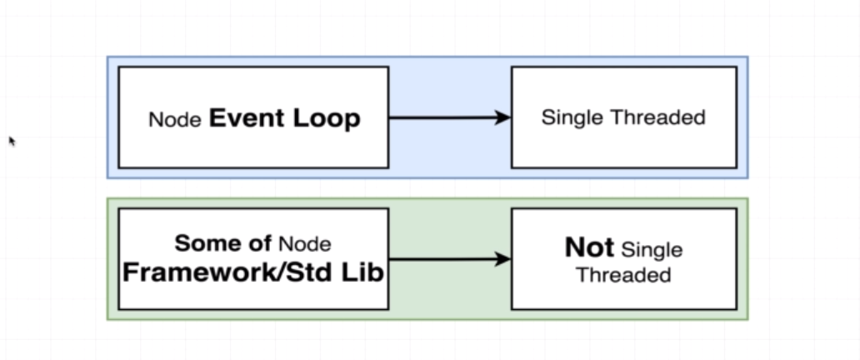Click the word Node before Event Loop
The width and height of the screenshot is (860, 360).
click(x=175, y=119)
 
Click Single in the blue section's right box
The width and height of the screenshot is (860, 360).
click(x=572, y=117)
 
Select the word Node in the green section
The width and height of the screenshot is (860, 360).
click(x=304, y=244)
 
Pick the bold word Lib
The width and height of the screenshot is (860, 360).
click(x=365, y=272)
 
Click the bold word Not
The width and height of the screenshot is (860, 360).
click(x=589, y=247)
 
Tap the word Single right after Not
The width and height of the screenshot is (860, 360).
click(x=652, y=249)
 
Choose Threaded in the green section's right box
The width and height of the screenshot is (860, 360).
click(x=623, y=274)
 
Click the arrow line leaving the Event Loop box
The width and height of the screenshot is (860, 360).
click(x=442, y=118)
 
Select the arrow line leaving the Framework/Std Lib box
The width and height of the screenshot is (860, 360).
click(x=442, y=259)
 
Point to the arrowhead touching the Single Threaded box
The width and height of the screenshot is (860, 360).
click(x=502, y=118)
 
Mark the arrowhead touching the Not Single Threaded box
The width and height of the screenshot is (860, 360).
click(x=502, y=259)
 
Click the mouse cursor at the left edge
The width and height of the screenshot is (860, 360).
click(x=12, y=141)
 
